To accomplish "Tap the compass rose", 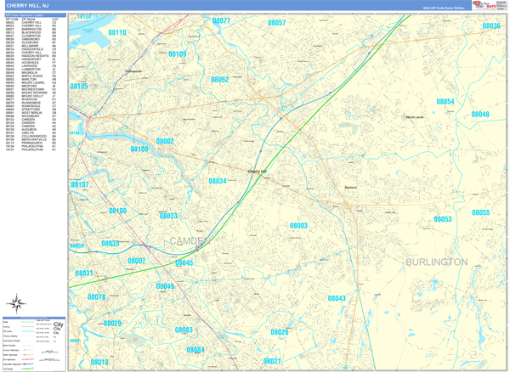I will point(17,302).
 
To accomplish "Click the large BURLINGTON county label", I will point(436,262).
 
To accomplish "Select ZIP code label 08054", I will point(445,102).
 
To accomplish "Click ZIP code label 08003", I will point(298,226).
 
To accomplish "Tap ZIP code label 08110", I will point(117,33).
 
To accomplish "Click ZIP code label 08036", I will point(490,26).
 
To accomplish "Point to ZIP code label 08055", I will point(481,213).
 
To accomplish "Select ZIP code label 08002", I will point(165,142).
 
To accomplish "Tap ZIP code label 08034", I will point(218,181).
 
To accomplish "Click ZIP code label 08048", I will point(480,114).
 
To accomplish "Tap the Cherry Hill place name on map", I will point(257,172).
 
